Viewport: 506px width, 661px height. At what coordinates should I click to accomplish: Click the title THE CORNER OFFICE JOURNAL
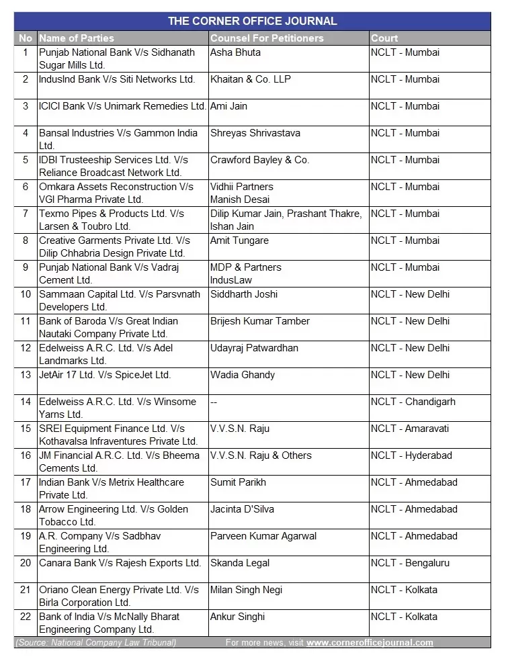click(252, 21)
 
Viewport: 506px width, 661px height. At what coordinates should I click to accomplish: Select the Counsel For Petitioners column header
click(267, 38)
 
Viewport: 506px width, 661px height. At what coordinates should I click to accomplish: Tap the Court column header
click(384, 38)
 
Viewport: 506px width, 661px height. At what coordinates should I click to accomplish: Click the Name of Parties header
click(77, 38)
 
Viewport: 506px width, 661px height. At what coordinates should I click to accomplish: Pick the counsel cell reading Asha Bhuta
click(235, 52)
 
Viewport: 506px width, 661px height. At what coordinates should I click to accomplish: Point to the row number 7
click(26, 214)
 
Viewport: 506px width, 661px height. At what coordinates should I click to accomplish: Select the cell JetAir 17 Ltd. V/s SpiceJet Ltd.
click(105, 375)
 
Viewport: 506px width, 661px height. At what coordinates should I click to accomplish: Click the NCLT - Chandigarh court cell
click(413, 402)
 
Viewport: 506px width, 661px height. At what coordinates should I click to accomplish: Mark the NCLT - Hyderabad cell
click(411, 455)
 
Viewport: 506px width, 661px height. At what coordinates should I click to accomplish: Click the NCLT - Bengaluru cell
click(410, 563)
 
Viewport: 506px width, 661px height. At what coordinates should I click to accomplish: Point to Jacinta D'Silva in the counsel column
click(242, 509)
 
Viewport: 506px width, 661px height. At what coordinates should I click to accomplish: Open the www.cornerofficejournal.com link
click(370, 643)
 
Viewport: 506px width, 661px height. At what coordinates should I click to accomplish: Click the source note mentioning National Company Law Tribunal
click(95, 643)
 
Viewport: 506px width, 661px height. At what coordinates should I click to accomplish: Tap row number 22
click(26, 617)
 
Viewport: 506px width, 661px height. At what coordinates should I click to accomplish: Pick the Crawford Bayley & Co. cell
click(259, 160)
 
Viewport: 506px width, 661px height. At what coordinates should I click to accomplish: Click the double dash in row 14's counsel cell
click(214, 402)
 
